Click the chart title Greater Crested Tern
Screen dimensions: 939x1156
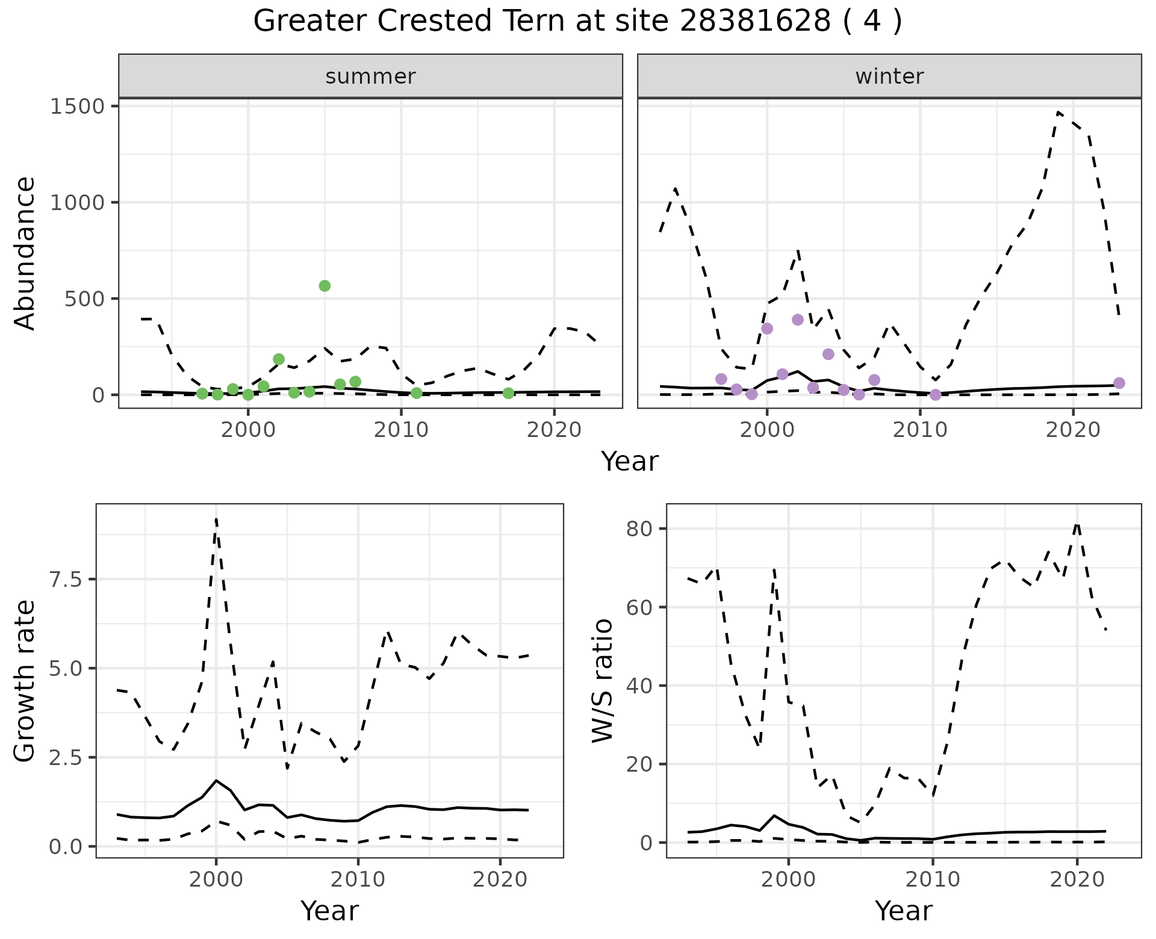click(x=577, y=22)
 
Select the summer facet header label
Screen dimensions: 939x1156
click(x=370, y=76)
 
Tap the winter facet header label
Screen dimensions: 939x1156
click(x=889, y=76)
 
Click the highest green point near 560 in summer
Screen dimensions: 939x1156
click(x=325, y=286)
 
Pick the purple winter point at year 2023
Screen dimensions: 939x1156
click(x=1119, y=383)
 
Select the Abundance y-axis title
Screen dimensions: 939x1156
click(x=25, y=253)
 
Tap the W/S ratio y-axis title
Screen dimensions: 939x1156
click(x=602, y=681)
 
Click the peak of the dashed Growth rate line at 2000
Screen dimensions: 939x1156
click(x=216, y=519)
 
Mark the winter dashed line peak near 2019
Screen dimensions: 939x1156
click(x=1058, y=112)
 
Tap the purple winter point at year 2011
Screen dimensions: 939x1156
click(x=935, y=395)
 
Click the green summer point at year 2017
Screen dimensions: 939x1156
click(x=508, y=393)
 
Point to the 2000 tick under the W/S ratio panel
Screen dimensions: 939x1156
click(x=789, y=879)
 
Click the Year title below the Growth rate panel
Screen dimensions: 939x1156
click(x=329, y=911)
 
